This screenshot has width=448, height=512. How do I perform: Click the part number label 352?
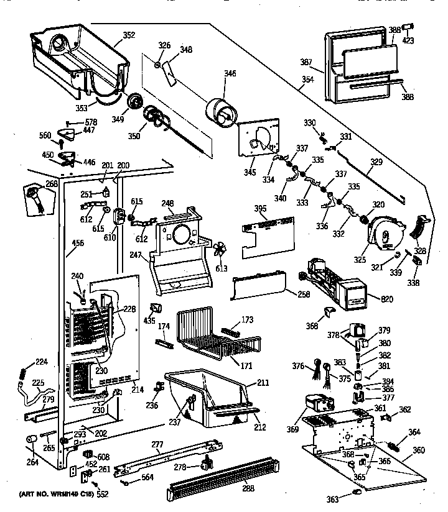coord(129,35)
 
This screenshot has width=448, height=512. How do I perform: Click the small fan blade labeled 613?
coord(219,251)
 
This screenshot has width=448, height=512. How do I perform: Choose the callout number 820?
coord(386,299)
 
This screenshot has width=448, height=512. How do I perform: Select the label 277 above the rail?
coord(157,444)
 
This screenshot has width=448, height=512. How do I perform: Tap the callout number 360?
coord(418,450)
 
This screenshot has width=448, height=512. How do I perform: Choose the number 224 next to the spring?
coord(40,361)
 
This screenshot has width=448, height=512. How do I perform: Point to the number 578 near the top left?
coord(91,122)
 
